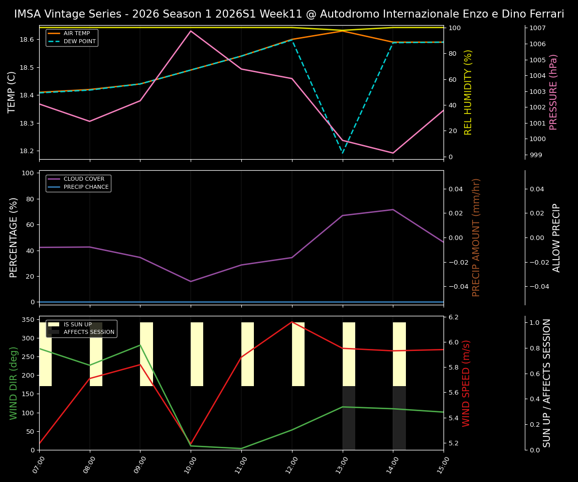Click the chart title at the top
tap(289, 14)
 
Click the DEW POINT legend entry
tap(79, 41)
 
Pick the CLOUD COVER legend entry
tap(84, 179)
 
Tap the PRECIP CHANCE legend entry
tap(86, 187)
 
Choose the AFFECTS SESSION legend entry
tap(89, 332)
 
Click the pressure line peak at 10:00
tap(191, 31)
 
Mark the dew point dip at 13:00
tap(343, 153)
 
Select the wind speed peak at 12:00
tap(292, 322)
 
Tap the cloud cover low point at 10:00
tap(191, 281)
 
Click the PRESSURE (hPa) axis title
tap(553, 92)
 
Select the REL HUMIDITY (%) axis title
tap(468, 92)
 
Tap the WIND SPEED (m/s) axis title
tap(467, 383)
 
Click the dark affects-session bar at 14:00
tap(399, 418)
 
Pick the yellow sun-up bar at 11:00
tap(247, 354)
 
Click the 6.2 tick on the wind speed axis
tap(454, 317)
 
